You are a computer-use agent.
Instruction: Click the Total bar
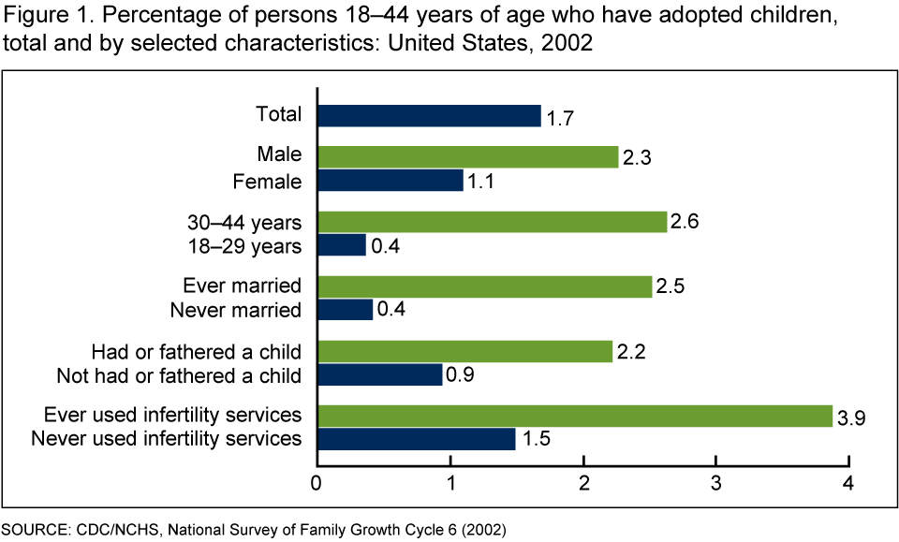pyautogui.click(x=429, y=115)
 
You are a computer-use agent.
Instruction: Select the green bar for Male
pyautogui.click(x=468, y=157)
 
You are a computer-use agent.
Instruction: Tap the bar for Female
pyautogui.click(x=391, y=181)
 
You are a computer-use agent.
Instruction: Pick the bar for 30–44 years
pyautogui.click(x=492, y=222)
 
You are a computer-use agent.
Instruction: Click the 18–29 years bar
pyautogui.click(x=342, y=245)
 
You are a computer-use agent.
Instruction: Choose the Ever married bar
pyautogui.click(x=484, y=286)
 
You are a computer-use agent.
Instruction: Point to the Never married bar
pyautogui.click(x=346, y=309)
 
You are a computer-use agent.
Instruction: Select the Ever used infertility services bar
pyautogui.click(x=574, y=415)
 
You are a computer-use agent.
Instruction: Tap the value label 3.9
pyautogui.click(x=850, y=417)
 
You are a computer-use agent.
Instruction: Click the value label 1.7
pyautogui.click(x=559, y=118)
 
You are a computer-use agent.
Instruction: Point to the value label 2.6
pyautogui.click(x=686, y=224)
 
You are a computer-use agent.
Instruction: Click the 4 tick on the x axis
pyautogui.click(x=848, y=483)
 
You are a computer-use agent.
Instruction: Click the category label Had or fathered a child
pyautogui.click(x=197, y=352)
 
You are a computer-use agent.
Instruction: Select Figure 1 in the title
pyautogui.click(x=49, y=19)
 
